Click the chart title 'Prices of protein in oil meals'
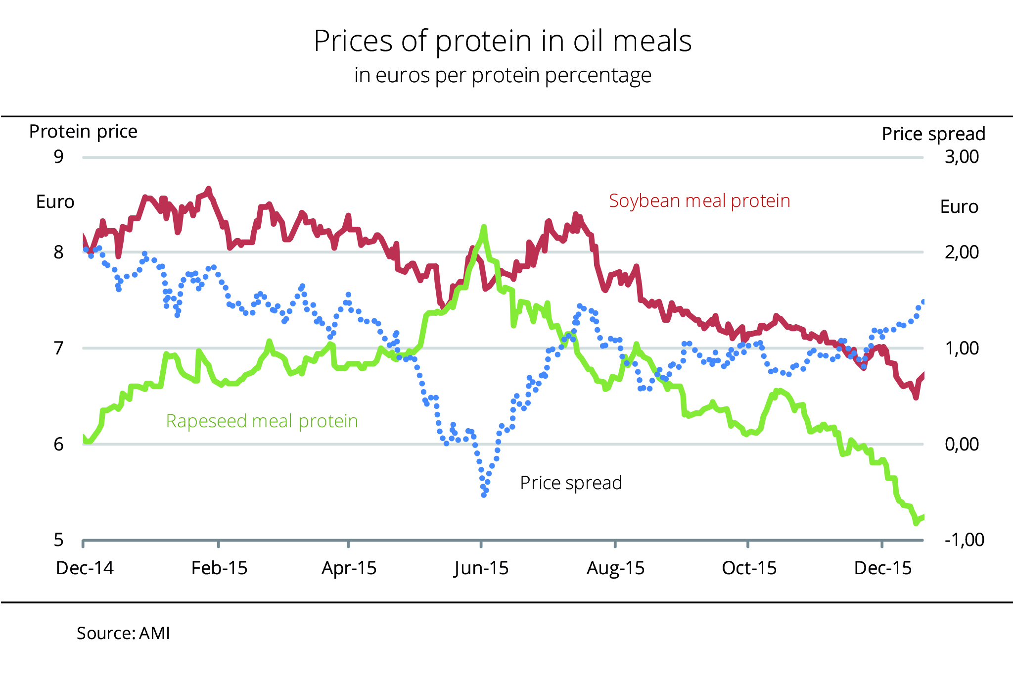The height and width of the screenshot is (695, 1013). coord(503,41)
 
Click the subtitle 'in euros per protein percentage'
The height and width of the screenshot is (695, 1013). coord(503,76)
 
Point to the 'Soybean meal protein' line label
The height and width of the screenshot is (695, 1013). coord(699,201)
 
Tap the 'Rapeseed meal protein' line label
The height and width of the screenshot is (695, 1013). coord(262,421)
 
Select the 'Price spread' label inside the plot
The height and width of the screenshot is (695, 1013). coord(571,483)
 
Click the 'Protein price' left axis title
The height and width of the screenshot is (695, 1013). coord(83,132)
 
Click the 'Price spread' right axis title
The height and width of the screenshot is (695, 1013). coord(933,134)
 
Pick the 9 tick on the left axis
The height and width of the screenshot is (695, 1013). coord(59,157)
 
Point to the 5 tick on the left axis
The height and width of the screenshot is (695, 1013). coord(59,540)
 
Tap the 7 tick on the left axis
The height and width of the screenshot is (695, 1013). coord(59,348)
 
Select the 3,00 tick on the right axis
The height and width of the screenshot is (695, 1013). coord(962,157)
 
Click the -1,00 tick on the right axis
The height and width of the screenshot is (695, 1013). coord(964,540)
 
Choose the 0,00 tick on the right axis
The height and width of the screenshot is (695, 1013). coord(962,444)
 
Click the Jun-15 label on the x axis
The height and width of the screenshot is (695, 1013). coord(481,568)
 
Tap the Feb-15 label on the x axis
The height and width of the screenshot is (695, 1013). coord(219,568)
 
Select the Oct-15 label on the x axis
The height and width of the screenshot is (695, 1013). coord(749,568)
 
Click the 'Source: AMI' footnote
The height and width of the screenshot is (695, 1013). coord(123,634)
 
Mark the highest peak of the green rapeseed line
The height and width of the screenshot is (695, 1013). coord(484,227)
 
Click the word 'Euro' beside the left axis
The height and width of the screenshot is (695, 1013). coord(55,202)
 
